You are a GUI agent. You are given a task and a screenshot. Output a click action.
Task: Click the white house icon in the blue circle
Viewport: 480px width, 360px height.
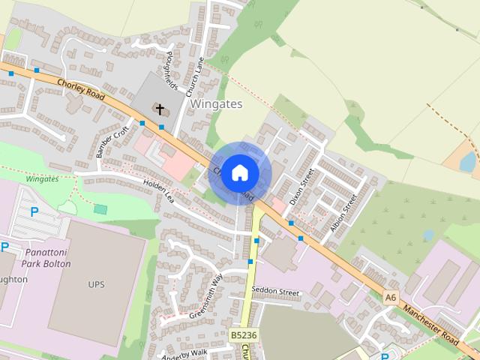tap(240, 173)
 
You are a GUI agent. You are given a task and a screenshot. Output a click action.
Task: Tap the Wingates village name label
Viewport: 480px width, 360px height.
tap(216, 104)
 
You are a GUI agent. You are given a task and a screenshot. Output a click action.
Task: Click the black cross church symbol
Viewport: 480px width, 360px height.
tap(159, 109)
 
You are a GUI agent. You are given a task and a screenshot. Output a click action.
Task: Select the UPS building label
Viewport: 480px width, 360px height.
tap(97, 284)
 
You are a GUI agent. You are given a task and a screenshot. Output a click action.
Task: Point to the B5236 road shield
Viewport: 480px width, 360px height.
tap(244, 335)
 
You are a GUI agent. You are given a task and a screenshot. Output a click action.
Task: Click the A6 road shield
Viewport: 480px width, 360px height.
tap(390, 297)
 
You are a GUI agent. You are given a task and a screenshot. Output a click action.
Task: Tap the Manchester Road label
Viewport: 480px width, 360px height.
tap(430, 325)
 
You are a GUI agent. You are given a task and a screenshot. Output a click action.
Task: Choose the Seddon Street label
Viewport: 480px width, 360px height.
tap(275, 290)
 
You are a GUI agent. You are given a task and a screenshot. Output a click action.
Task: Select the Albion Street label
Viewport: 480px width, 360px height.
tap(343, 213)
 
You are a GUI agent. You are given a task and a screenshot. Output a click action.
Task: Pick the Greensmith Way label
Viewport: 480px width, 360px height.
tap(206, 297)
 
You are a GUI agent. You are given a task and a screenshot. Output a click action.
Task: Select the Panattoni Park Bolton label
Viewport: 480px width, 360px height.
tap(47, 258)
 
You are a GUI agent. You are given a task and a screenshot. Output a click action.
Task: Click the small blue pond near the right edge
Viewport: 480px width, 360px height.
tap(467, 161)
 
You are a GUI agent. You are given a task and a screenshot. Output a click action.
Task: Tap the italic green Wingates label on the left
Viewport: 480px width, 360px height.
tap(42, 179)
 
